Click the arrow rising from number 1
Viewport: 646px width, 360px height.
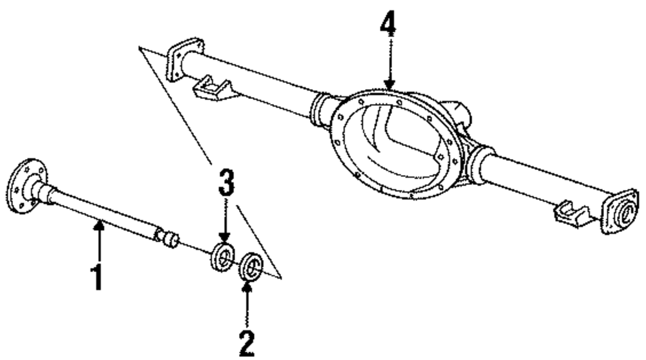tap(98, 239)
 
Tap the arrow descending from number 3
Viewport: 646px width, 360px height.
tap(225, 223)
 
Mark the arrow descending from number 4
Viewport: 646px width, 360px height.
tap(389, 65)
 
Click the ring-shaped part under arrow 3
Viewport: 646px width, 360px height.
tap(223, 258)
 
